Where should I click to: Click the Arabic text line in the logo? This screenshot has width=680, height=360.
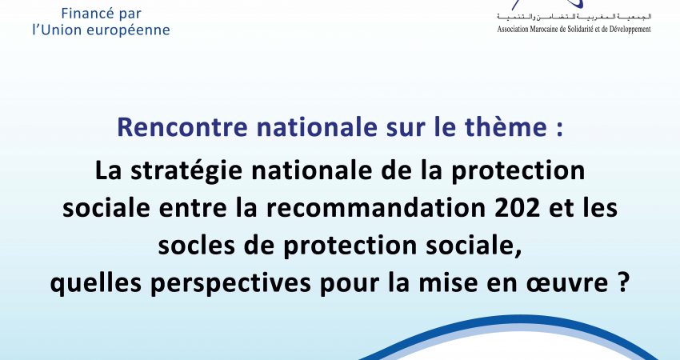tap(574, 17)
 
